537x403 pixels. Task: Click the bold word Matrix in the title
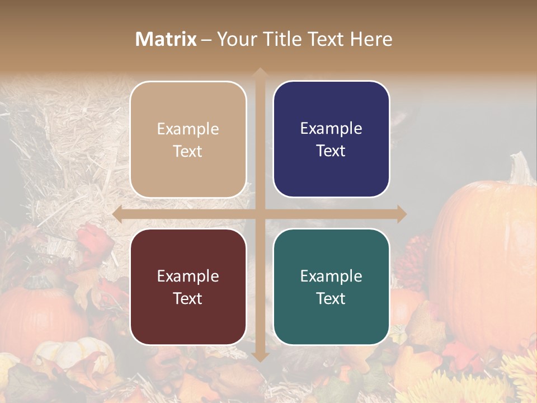166,39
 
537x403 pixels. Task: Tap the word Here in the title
371,39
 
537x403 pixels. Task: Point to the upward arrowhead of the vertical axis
260,72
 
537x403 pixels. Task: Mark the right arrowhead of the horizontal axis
402,214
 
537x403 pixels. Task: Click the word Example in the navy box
331,129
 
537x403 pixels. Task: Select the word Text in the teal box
331,298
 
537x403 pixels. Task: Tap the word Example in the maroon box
188,276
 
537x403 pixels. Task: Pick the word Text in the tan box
188,151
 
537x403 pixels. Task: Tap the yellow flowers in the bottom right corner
517,375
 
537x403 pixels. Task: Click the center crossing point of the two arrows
260,214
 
